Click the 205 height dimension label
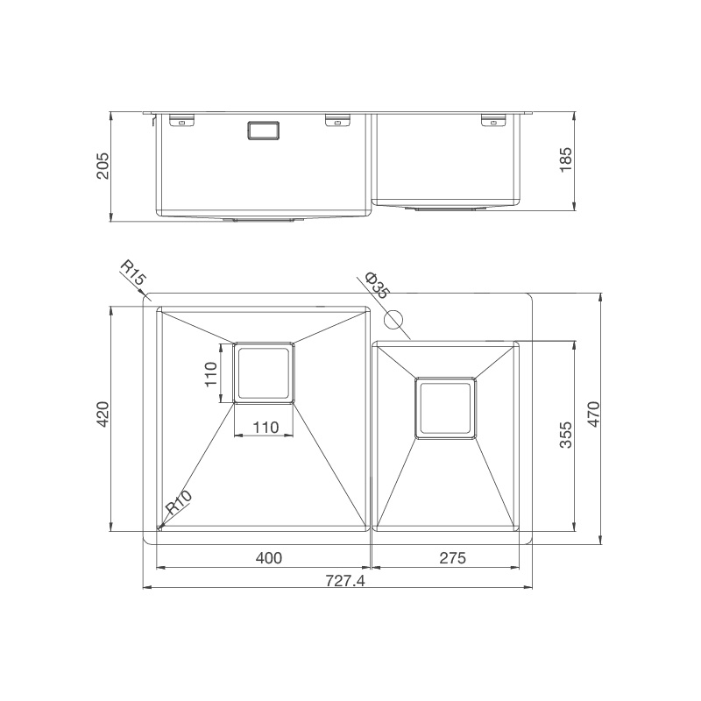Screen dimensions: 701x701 pyautogui.click(x=102, y=166)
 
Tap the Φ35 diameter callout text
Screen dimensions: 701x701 pyautogui.click(x=378, y=285)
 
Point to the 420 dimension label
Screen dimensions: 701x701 pyautogui.click(x=102, y=415)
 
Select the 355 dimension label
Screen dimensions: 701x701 pyautogui.click(x=566, y=435)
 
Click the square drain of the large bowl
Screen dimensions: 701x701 pyautogui.click(x=264, y=372)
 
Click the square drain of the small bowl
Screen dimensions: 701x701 pyautogui.click(x=446, y=408)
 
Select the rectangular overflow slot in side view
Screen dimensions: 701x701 pyautogui.click(x=264, y=130)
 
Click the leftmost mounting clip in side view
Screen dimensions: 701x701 pyautogui.click(x=181, y=120)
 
